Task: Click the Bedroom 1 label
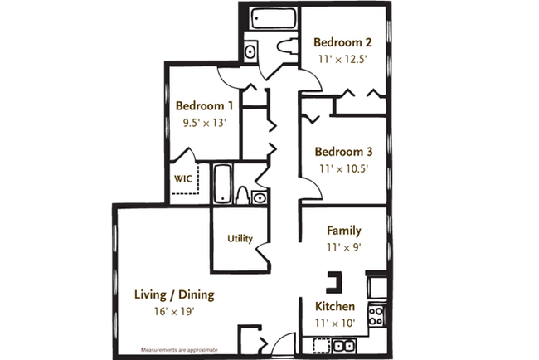204,106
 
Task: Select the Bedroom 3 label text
343,152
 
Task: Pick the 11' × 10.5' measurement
342,168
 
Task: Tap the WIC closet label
183,178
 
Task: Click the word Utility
239,239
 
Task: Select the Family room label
344,231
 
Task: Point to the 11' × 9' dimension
344,246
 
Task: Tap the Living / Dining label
175,294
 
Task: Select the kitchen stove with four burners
376,316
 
